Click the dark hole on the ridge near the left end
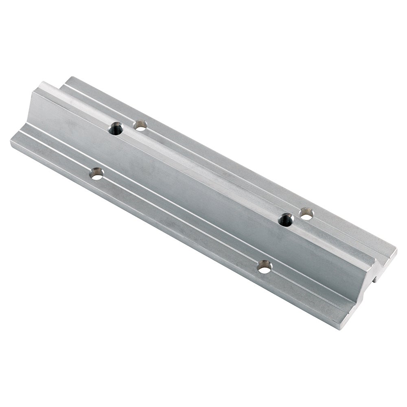(x=116, y=129)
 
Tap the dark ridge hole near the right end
(x=286, y=220)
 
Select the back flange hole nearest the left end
(x=140, y=125)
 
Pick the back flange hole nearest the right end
(x=306, y=213)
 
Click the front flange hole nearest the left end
(x=96, y=174)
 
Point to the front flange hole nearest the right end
(x=265, y=267)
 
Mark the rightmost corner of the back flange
(x=396, y=249)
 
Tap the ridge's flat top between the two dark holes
(x=203, y=171)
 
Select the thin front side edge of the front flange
(x=163, y=228)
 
